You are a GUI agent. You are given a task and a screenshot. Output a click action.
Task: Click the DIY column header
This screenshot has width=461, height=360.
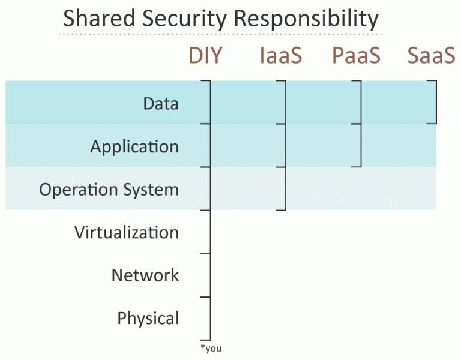pos(205,55)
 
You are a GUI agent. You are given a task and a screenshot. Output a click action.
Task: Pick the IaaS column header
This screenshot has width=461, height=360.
pos(281,55)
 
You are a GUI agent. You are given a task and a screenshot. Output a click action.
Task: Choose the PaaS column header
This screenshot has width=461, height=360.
pos(356,55)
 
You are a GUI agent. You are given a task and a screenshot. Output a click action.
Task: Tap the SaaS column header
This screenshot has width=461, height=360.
pos(432,55)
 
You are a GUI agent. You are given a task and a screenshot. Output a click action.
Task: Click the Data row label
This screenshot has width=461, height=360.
pos(161,103)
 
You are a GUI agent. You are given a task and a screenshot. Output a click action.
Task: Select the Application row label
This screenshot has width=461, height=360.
pos(134,146)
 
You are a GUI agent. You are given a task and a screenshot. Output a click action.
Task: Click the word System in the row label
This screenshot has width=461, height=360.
pos(151,190)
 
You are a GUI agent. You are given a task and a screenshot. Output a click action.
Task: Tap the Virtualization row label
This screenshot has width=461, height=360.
pos(127,232)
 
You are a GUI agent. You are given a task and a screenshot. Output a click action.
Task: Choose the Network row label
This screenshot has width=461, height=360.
pos(145,275)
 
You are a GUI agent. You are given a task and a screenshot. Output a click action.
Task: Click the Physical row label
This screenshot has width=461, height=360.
pos(148,319)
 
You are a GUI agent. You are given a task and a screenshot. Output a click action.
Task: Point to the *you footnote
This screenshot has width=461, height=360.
pos(211,348)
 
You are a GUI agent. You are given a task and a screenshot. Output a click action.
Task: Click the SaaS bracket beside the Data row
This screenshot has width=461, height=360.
pos(436,102)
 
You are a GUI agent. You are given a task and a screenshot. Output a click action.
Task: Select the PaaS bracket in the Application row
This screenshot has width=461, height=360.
pos(361,145)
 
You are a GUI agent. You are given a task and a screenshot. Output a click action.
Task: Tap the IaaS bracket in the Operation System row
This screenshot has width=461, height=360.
pos(286,188)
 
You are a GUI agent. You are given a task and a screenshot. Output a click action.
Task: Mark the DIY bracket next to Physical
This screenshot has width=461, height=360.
pos(210,319)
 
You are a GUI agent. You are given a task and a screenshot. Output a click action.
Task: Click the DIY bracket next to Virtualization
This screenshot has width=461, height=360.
pos(210,232)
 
